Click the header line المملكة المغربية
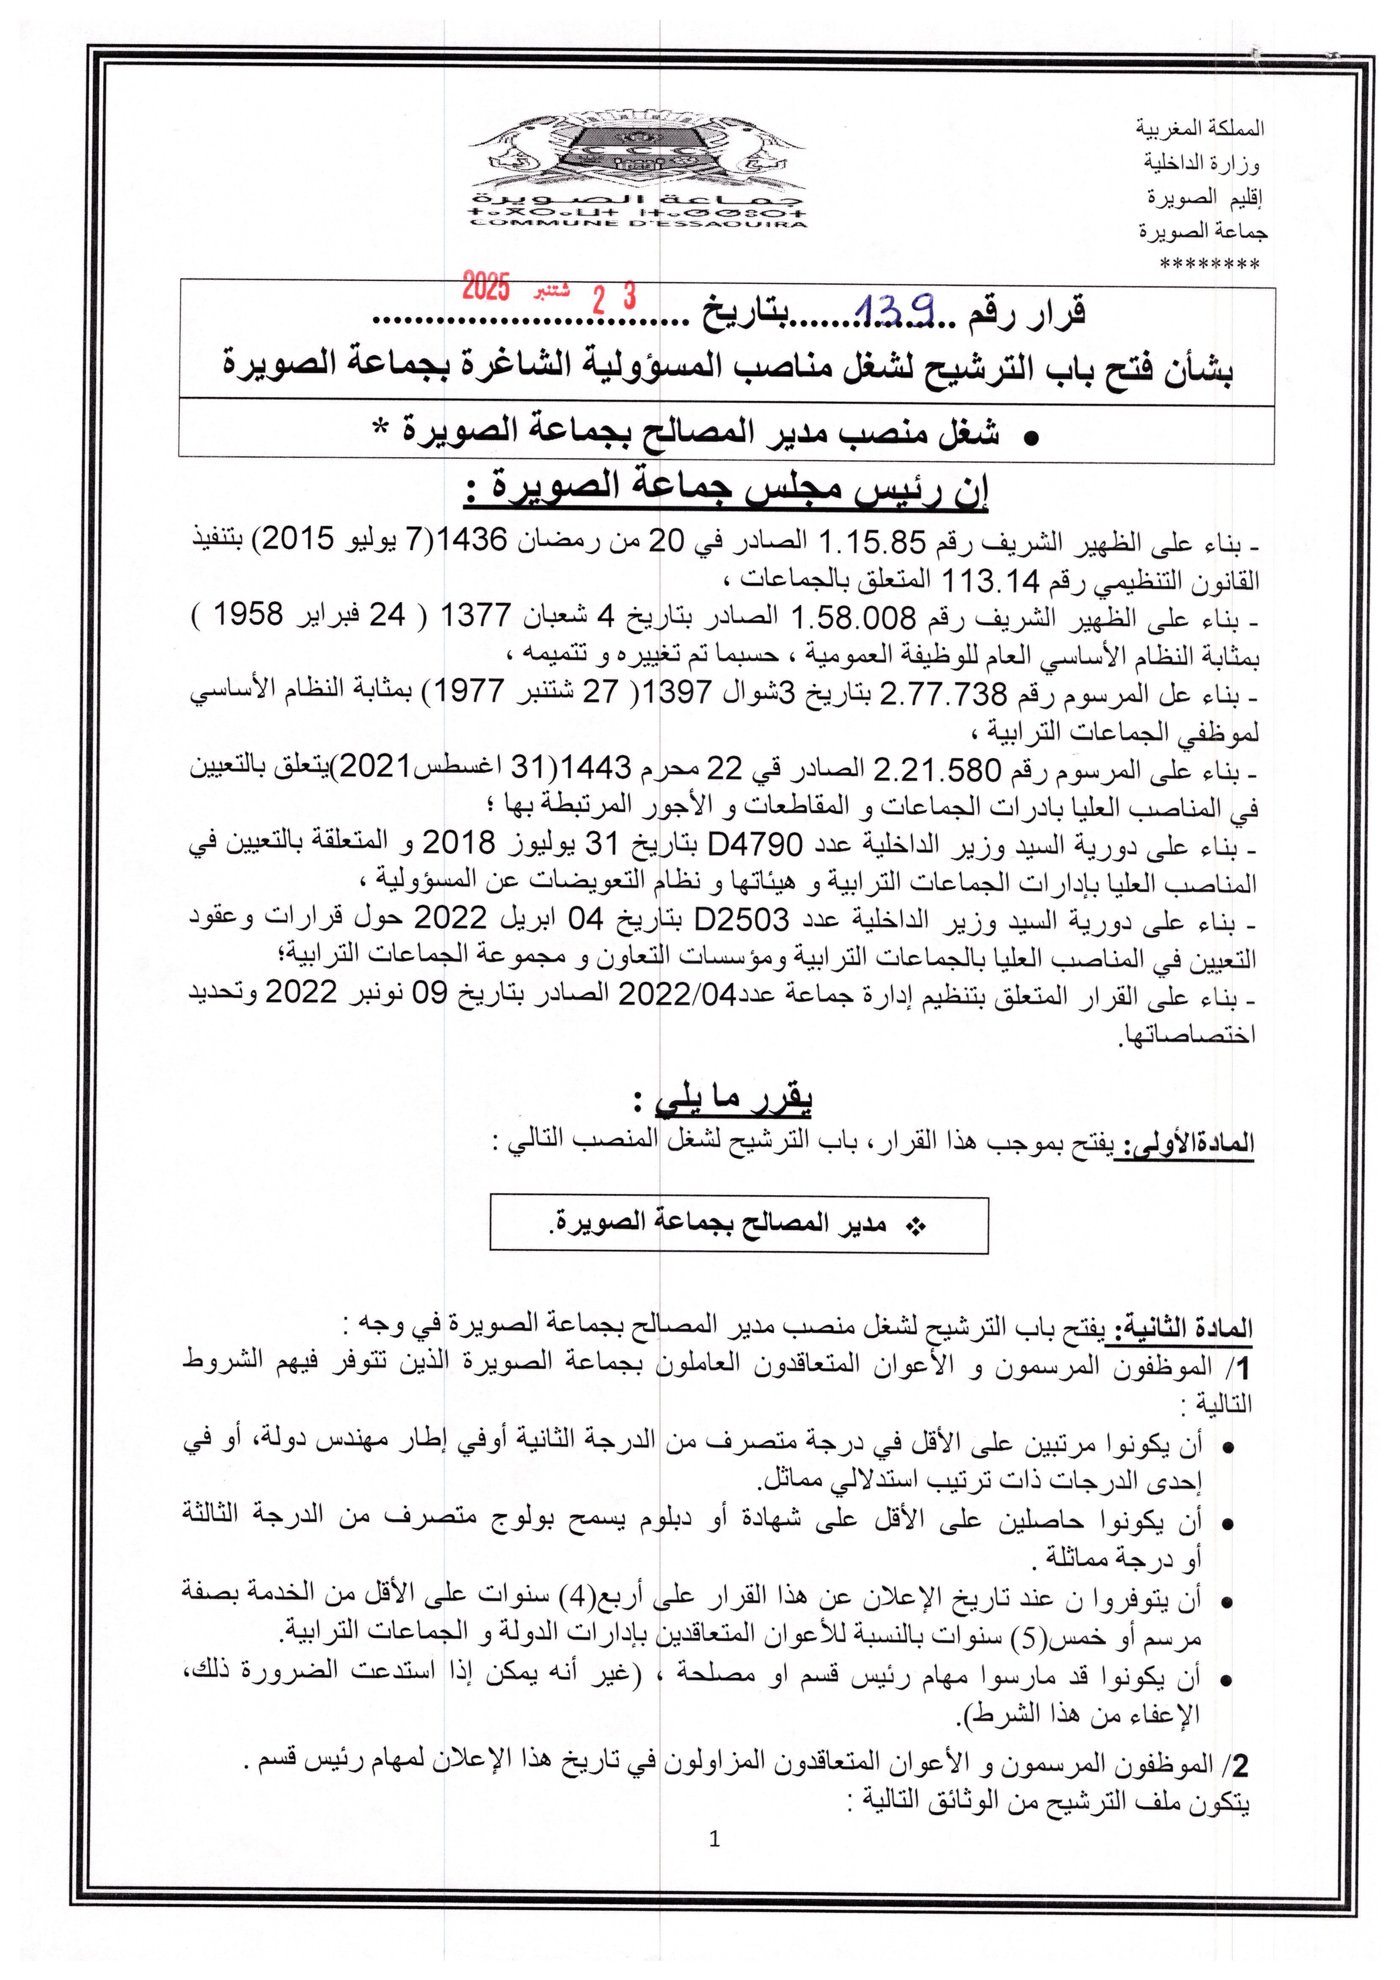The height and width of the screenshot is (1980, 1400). [1199, 128]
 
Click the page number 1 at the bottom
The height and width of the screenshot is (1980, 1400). [714, 1839]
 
